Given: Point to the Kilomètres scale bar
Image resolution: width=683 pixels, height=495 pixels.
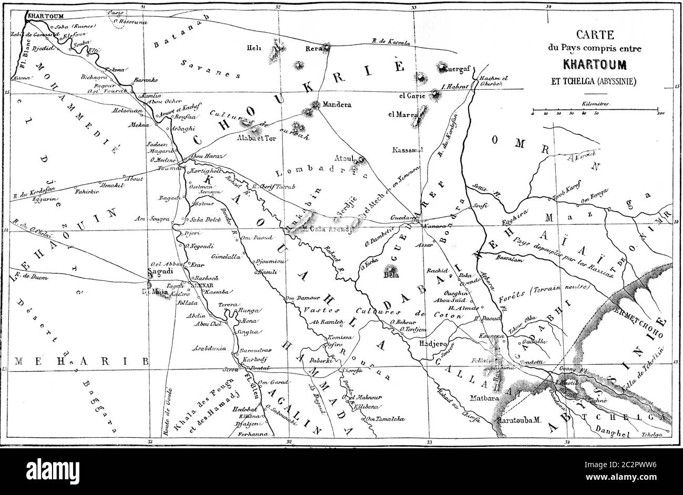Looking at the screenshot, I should [x=594, y=111].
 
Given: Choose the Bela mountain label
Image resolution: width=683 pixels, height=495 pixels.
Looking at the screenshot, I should [x=391, y=275].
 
